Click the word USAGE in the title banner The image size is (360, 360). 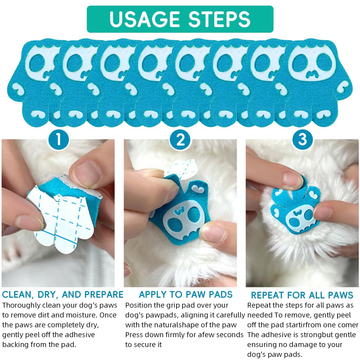[145, 19]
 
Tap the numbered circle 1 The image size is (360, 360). [58, 140]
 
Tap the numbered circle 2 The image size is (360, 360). [180, 140]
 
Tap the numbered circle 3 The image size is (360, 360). [302, 140]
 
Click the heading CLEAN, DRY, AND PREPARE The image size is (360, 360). [62, 295]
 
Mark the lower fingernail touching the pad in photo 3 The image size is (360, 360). [322, 213]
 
